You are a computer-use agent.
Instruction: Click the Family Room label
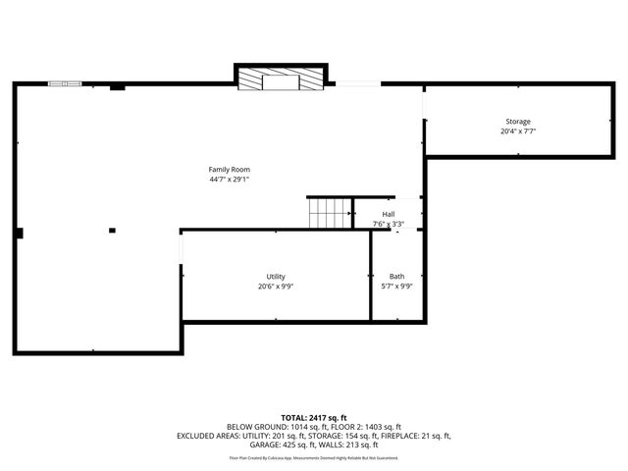229,170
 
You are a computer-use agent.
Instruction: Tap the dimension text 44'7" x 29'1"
229,180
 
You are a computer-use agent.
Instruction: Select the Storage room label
518,122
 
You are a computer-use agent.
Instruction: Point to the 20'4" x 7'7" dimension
518,131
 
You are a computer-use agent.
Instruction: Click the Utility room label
276,277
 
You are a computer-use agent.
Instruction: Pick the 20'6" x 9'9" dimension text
276,287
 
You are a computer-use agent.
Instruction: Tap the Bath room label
396,277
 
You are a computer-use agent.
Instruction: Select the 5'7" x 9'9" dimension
396,287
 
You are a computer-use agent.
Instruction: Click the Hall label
389,214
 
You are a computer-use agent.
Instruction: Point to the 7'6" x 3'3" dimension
389,224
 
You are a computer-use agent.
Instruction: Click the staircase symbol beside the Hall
331,212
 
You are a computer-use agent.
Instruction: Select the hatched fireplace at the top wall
281,78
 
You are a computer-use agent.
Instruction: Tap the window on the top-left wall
66,84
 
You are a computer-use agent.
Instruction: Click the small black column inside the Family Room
112,231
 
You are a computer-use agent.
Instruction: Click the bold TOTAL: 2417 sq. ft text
313,418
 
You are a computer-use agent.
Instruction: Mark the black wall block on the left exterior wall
19,233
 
